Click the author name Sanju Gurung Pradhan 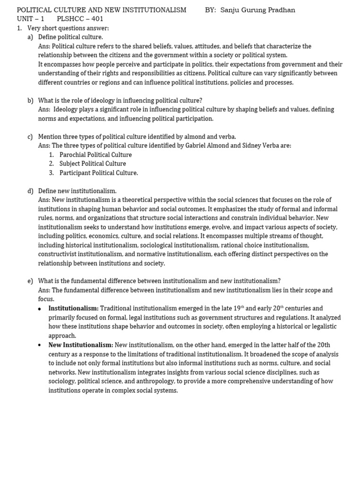[258, 10]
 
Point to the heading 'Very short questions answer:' [68, 28]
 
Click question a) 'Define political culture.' [70, 37]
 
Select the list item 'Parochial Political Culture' [95, 155]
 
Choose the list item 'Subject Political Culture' [93, 164]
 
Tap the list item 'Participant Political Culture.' [99, 173]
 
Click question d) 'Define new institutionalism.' [77, 191]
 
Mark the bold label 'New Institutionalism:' [81, 345]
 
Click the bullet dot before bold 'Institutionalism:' [39, 309]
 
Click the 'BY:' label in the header [210, 10]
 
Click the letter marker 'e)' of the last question [30, 281]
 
